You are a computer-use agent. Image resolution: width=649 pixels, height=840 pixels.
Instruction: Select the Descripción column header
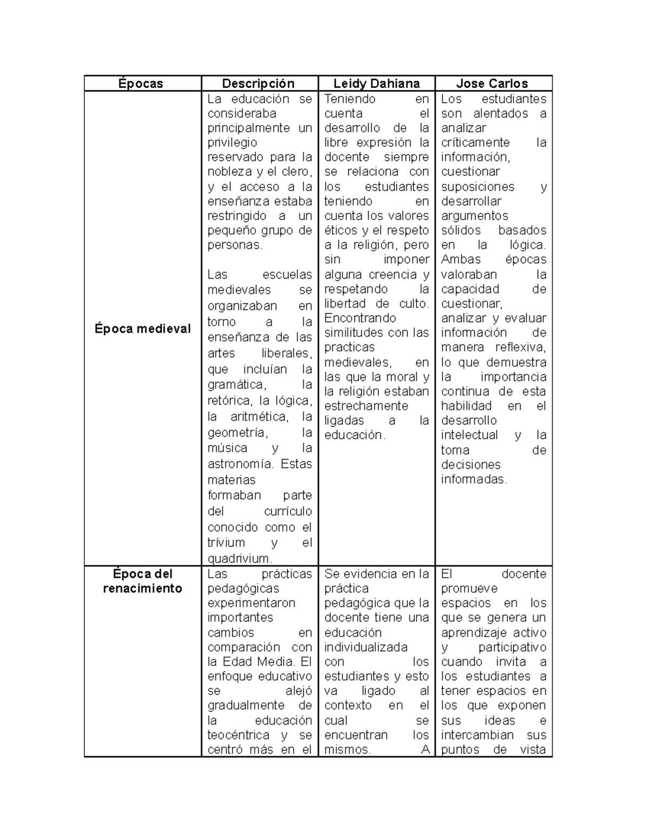(x=259, y=83)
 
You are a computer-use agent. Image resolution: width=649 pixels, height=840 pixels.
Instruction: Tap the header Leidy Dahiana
(x=376, y=83)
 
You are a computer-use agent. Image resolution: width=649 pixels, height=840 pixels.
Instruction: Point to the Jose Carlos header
(x=492, y=83)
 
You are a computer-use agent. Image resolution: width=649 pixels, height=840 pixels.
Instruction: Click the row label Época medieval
(x=142, y=329)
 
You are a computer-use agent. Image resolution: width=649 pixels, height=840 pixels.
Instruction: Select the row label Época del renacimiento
(x=142, y=581)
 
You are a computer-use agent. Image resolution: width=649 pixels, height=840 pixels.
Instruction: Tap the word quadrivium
(x=238, y=558)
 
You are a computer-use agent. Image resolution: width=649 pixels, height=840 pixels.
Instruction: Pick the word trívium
(x=226, y=543)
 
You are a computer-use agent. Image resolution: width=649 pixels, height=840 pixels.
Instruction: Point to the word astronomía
(x=240, y=464)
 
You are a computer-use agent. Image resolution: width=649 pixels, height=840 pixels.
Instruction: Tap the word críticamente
(x=475, y=143)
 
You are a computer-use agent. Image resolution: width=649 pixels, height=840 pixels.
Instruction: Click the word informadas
(x=474, y=479)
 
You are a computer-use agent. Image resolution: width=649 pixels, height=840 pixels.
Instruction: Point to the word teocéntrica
(x=239, y=735)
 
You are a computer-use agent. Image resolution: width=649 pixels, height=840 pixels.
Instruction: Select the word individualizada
(x=366, y=647)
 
